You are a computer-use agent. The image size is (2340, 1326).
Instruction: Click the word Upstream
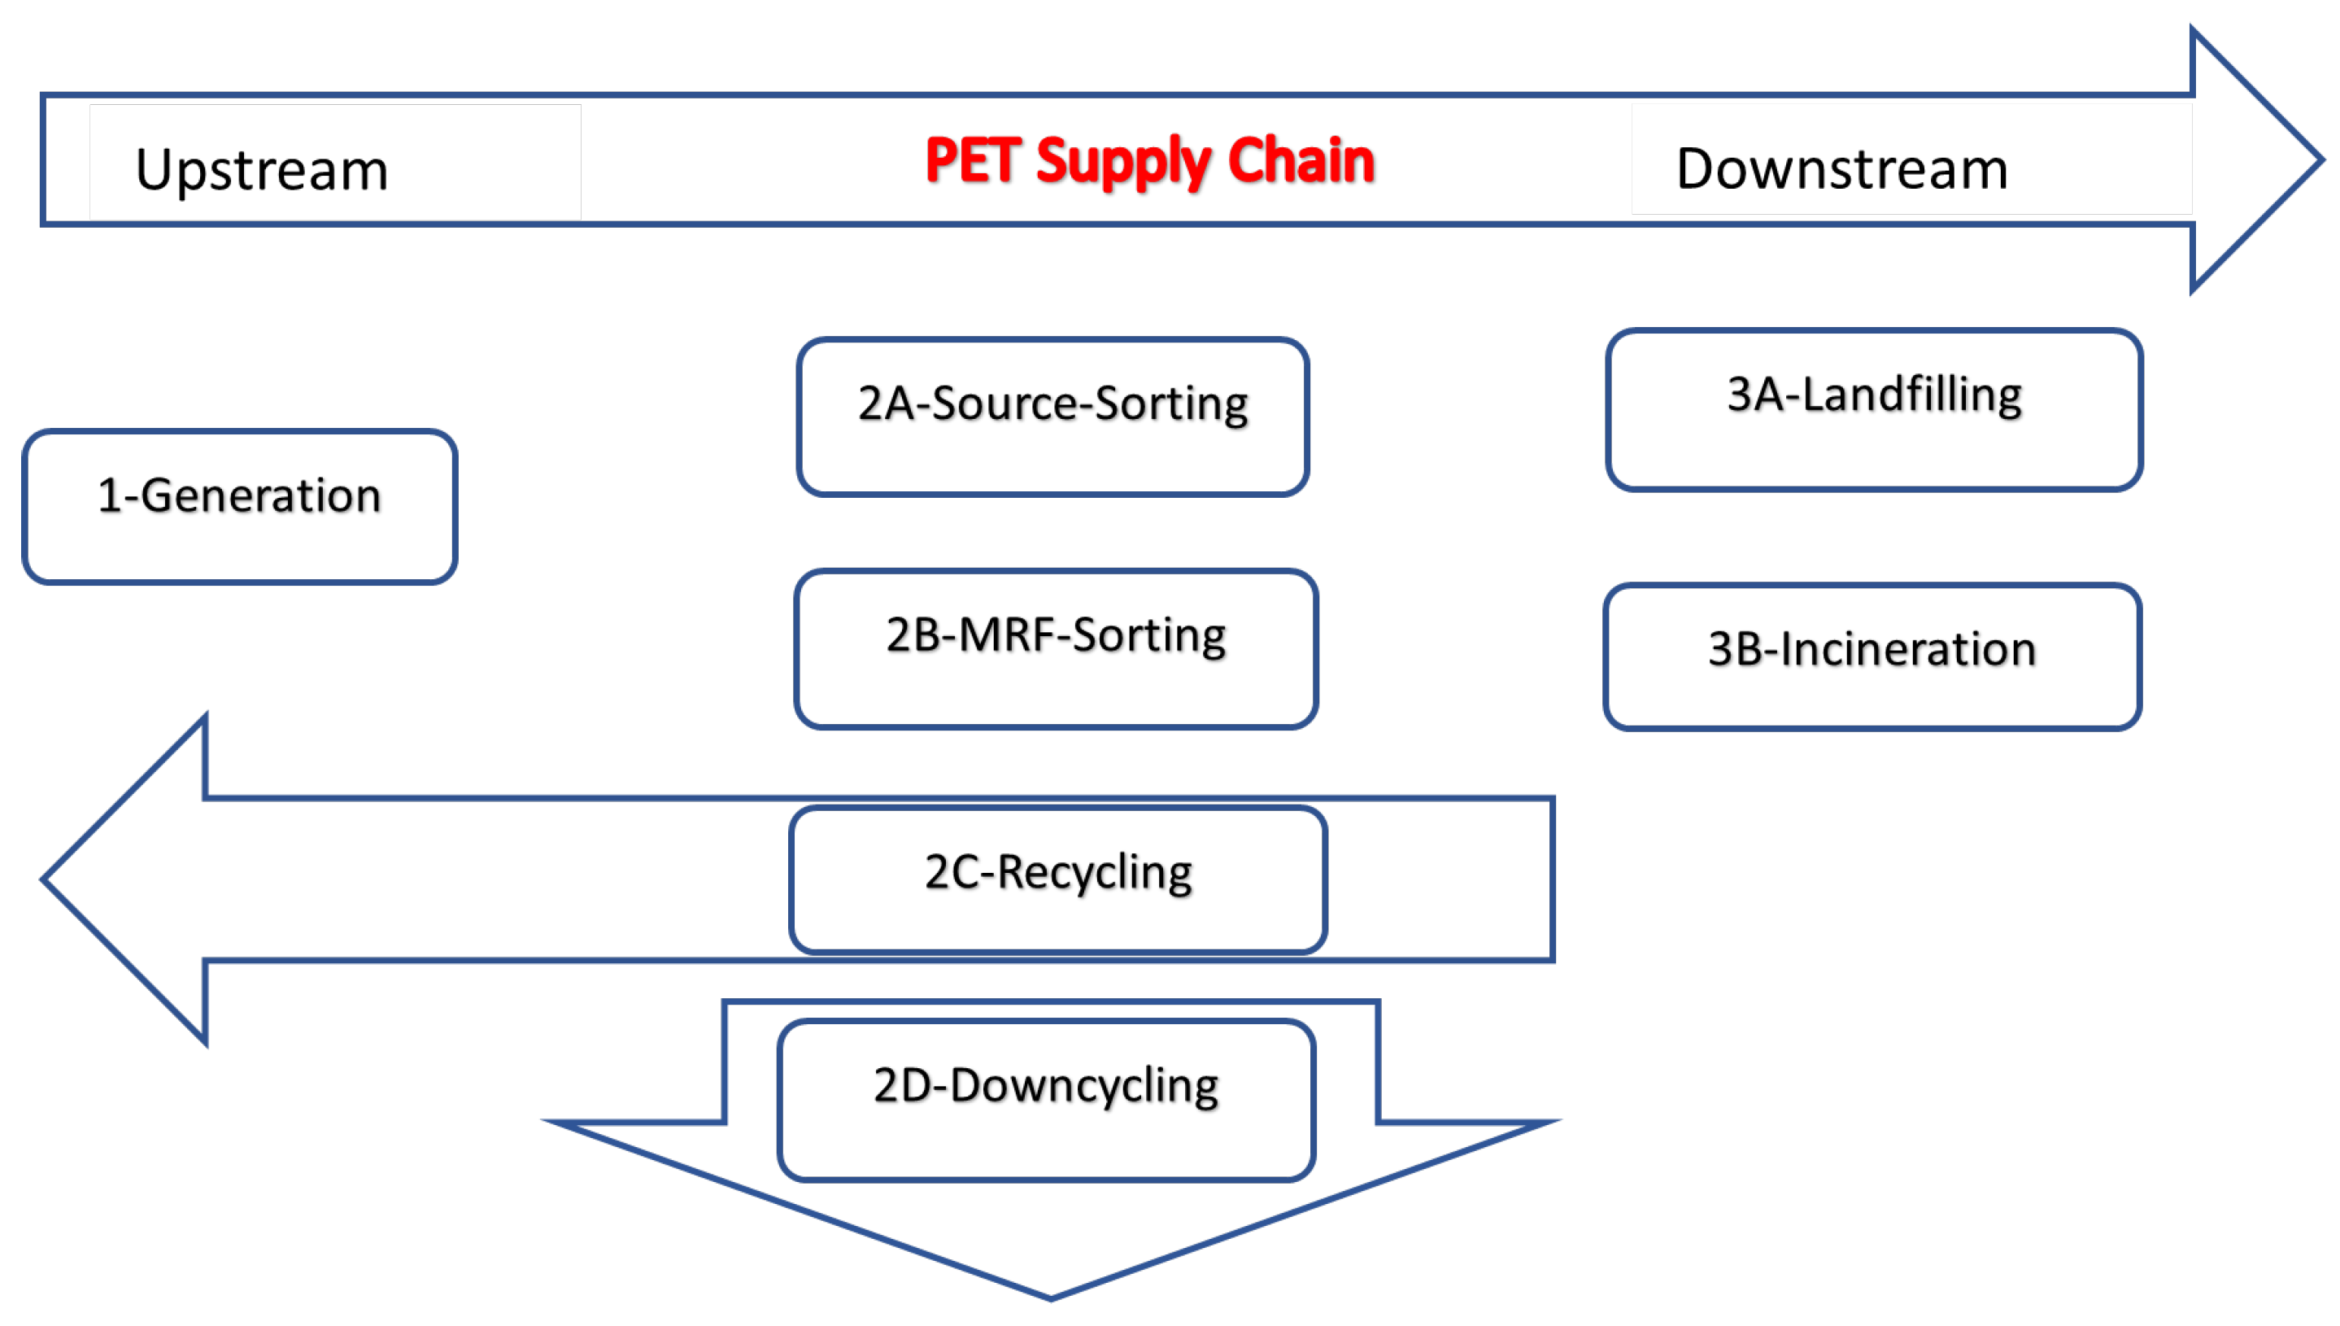click(261, 169)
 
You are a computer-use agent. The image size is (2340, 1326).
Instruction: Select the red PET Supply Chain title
click(1149, 160)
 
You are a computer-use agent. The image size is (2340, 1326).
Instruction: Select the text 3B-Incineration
click(1872, 649)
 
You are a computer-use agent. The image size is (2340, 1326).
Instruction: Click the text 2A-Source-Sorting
click(1052, 403)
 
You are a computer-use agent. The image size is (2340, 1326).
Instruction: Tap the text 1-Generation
click(238, 495)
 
